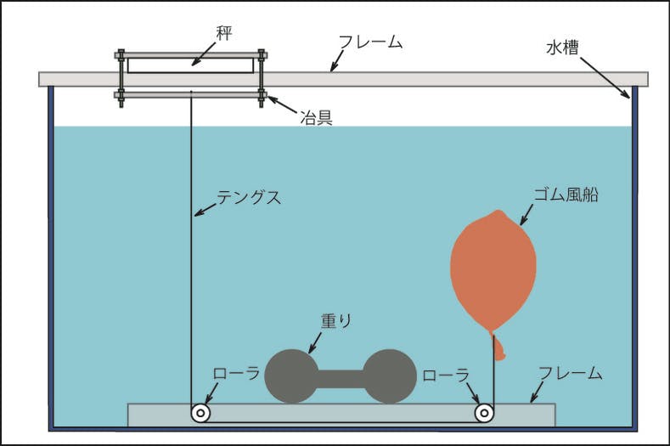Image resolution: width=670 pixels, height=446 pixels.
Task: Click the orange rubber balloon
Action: click(493, 268)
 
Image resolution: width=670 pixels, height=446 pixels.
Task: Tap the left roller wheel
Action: click(200, 414)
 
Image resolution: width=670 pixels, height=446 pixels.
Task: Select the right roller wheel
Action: click(485, 414)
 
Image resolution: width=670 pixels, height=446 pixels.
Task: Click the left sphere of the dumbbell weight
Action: click(292, 375)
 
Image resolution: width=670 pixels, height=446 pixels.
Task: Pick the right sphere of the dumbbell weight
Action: click(390, 375)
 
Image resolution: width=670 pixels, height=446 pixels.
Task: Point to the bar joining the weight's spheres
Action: click(341, 376)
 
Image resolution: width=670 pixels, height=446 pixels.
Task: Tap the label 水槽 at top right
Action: click(562, 47)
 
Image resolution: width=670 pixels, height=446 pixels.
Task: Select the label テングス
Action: click(249, 197)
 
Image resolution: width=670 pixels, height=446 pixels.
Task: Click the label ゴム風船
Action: click(566, 194)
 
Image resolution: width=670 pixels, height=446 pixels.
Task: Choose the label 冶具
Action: click(315, 117)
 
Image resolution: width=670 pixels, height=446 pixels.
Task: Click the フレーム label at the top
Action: click(370, 42)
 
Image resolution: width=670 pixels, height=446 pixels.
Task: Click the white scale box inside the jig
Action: click(190, 65)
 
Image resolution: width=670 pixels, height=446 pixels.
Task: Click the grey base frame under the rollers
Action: click(340, 416)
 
